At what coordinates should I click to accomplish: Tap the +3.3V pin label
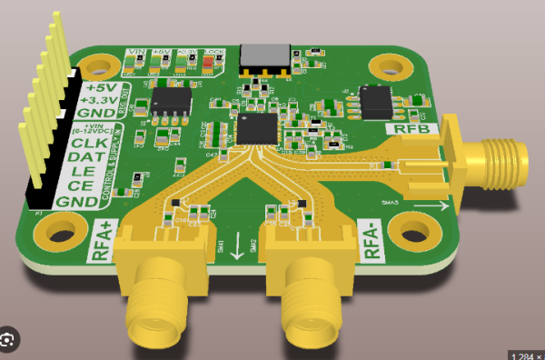point(100,100)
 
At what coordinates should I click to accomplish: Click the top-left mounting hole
point(94,65)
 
